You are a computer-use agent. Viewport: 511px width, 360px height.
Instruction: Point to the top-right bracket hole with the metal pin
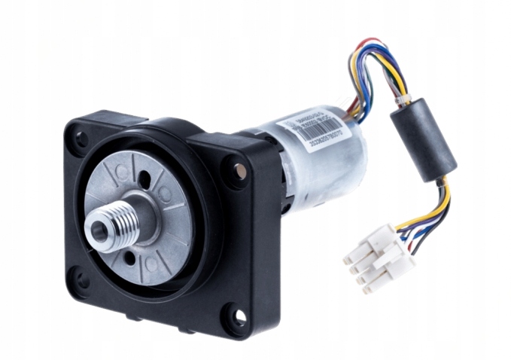[x=239, y=170]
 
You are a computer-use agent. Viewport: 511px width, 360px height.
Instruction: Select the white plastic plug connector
[x=378, y=255]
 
